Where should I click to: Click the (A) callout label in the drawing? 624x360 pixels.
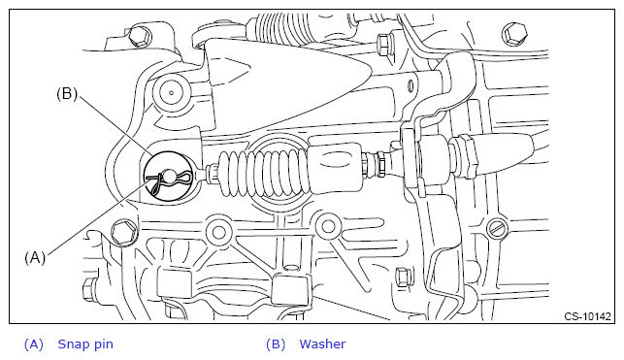click(x=35, y=258)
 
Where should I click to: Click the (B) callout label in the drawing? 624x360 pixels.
click(x=67, y=94)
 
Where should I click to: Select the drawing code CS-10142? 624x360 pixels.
click(x=587, y=316)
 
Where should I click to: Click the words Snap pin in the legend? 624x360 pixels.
click(x=85, y=344)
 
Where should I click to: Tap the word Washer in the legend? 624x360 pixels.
click(x=322, y=344)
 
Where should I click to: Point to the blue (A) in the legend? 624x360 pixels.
click(x=33, y=344)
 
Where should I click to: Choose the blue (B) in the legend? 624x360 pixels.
click(x=276, y=344)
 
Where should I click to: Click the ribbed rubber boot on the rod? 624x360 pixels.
click(x=263, y=172)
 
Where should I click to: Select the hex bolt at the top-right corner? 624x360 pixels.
click(x=514, y=33)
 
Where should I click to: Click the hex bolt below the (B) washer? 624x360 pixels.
click(x=123, y=232)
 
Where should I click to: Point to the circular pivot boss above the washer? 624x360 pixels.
click(x=171, y=93)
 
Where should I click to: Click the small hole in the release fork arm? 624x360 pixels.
click(x=410, y=84)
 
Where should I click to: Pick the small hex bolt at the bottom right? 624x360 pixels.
click(x=404, y=277)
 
